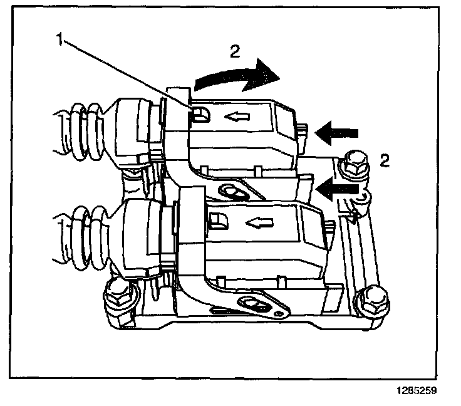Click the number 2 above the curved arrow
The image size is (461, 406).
click(233, 52)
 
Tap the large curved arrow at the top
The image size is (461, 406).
click(237, 78)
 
